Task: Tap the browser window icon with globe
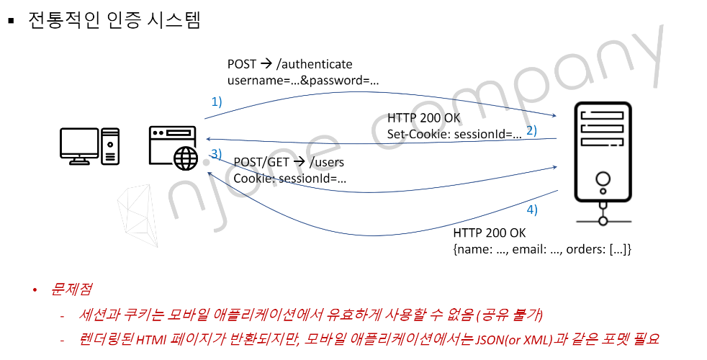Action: [x=173, y=147]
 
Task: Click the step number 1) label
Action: [x=216, y=102]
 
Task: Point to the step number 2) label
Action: [x=532, y=130]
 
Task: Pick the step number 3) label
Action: [x=216, y=153]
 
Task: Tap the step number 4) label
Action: [x=531, y=210]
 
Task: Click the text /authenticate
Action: [x=315, y=65]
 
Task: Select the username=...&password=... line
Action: [x=303, y=80]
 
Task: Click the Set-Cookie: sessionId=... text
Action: [x=454, y=133]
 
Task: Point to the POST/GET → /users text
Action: [x=289, y=163]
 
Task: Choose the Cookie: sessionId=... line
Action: [x=290, y=178]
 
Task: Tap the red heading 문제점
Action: [x=71, y=289]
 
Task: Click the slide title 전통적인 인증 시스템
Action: [x=114, y=19]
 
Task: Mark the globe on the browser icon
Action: [x=185, y=157]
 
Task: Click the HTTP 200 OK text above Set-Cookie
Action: [x=424, y=118]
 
